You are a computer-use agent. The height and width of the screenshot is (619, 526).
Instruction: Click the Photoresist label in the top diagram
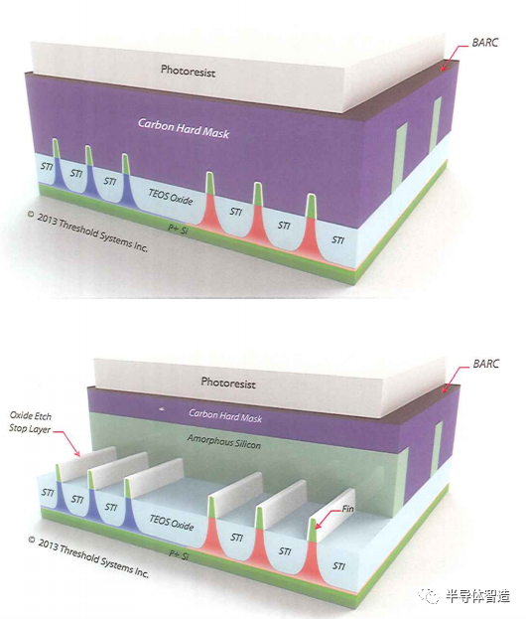point(189,72)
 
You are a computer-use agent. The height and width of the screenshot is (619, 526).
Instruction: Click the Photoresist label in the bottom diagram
point(228,383)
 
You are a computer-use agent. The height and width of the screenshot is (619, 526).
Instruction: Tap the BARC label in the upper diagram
point(485,43)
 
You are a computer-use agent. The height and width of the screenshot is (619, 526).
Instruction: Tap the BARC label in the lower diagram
point(486,364)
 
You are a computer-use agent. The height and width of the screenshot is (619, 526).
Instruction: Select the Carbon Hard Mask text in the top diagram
point(184,128)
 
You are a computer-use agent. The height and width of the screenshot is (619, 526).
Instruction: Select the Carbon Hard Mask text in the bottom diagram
point(225,415)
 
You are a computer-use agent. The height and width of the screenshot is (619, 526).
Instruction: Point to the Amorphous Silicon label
point(224,442)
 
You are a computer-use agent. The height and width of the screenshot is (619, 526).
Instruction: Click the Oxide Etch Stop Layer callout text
point(31,422)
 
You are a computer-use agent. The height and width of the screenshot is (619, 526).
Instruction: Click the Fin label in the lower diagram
point(347,509)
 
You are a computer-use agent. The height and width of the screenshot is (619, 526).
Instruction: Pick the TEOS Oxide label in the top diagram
point(171,196)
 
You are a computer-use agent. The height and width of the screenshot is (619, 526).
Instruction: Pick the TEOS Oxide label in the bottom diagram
point(172,522)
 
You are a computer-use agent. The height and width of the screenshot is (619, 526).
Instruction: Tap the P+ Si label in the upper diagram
point(178,229)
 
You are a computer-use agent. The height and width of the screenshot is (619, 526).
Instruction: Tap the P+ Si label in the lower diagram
point(179,554)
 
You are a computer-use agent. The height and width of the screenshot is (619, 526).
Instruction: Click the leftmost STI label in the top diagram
point(47,166)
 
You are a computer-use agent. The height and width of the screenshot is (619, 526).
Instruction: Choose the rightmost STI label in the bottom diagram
point(338,565)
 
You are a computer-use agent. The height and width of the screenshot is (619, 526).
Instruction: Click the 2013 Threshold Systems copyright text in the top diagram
point(87,232)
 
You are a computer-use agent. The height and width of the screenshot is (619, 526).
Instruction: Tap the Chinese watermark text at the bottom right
point(478,596)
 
